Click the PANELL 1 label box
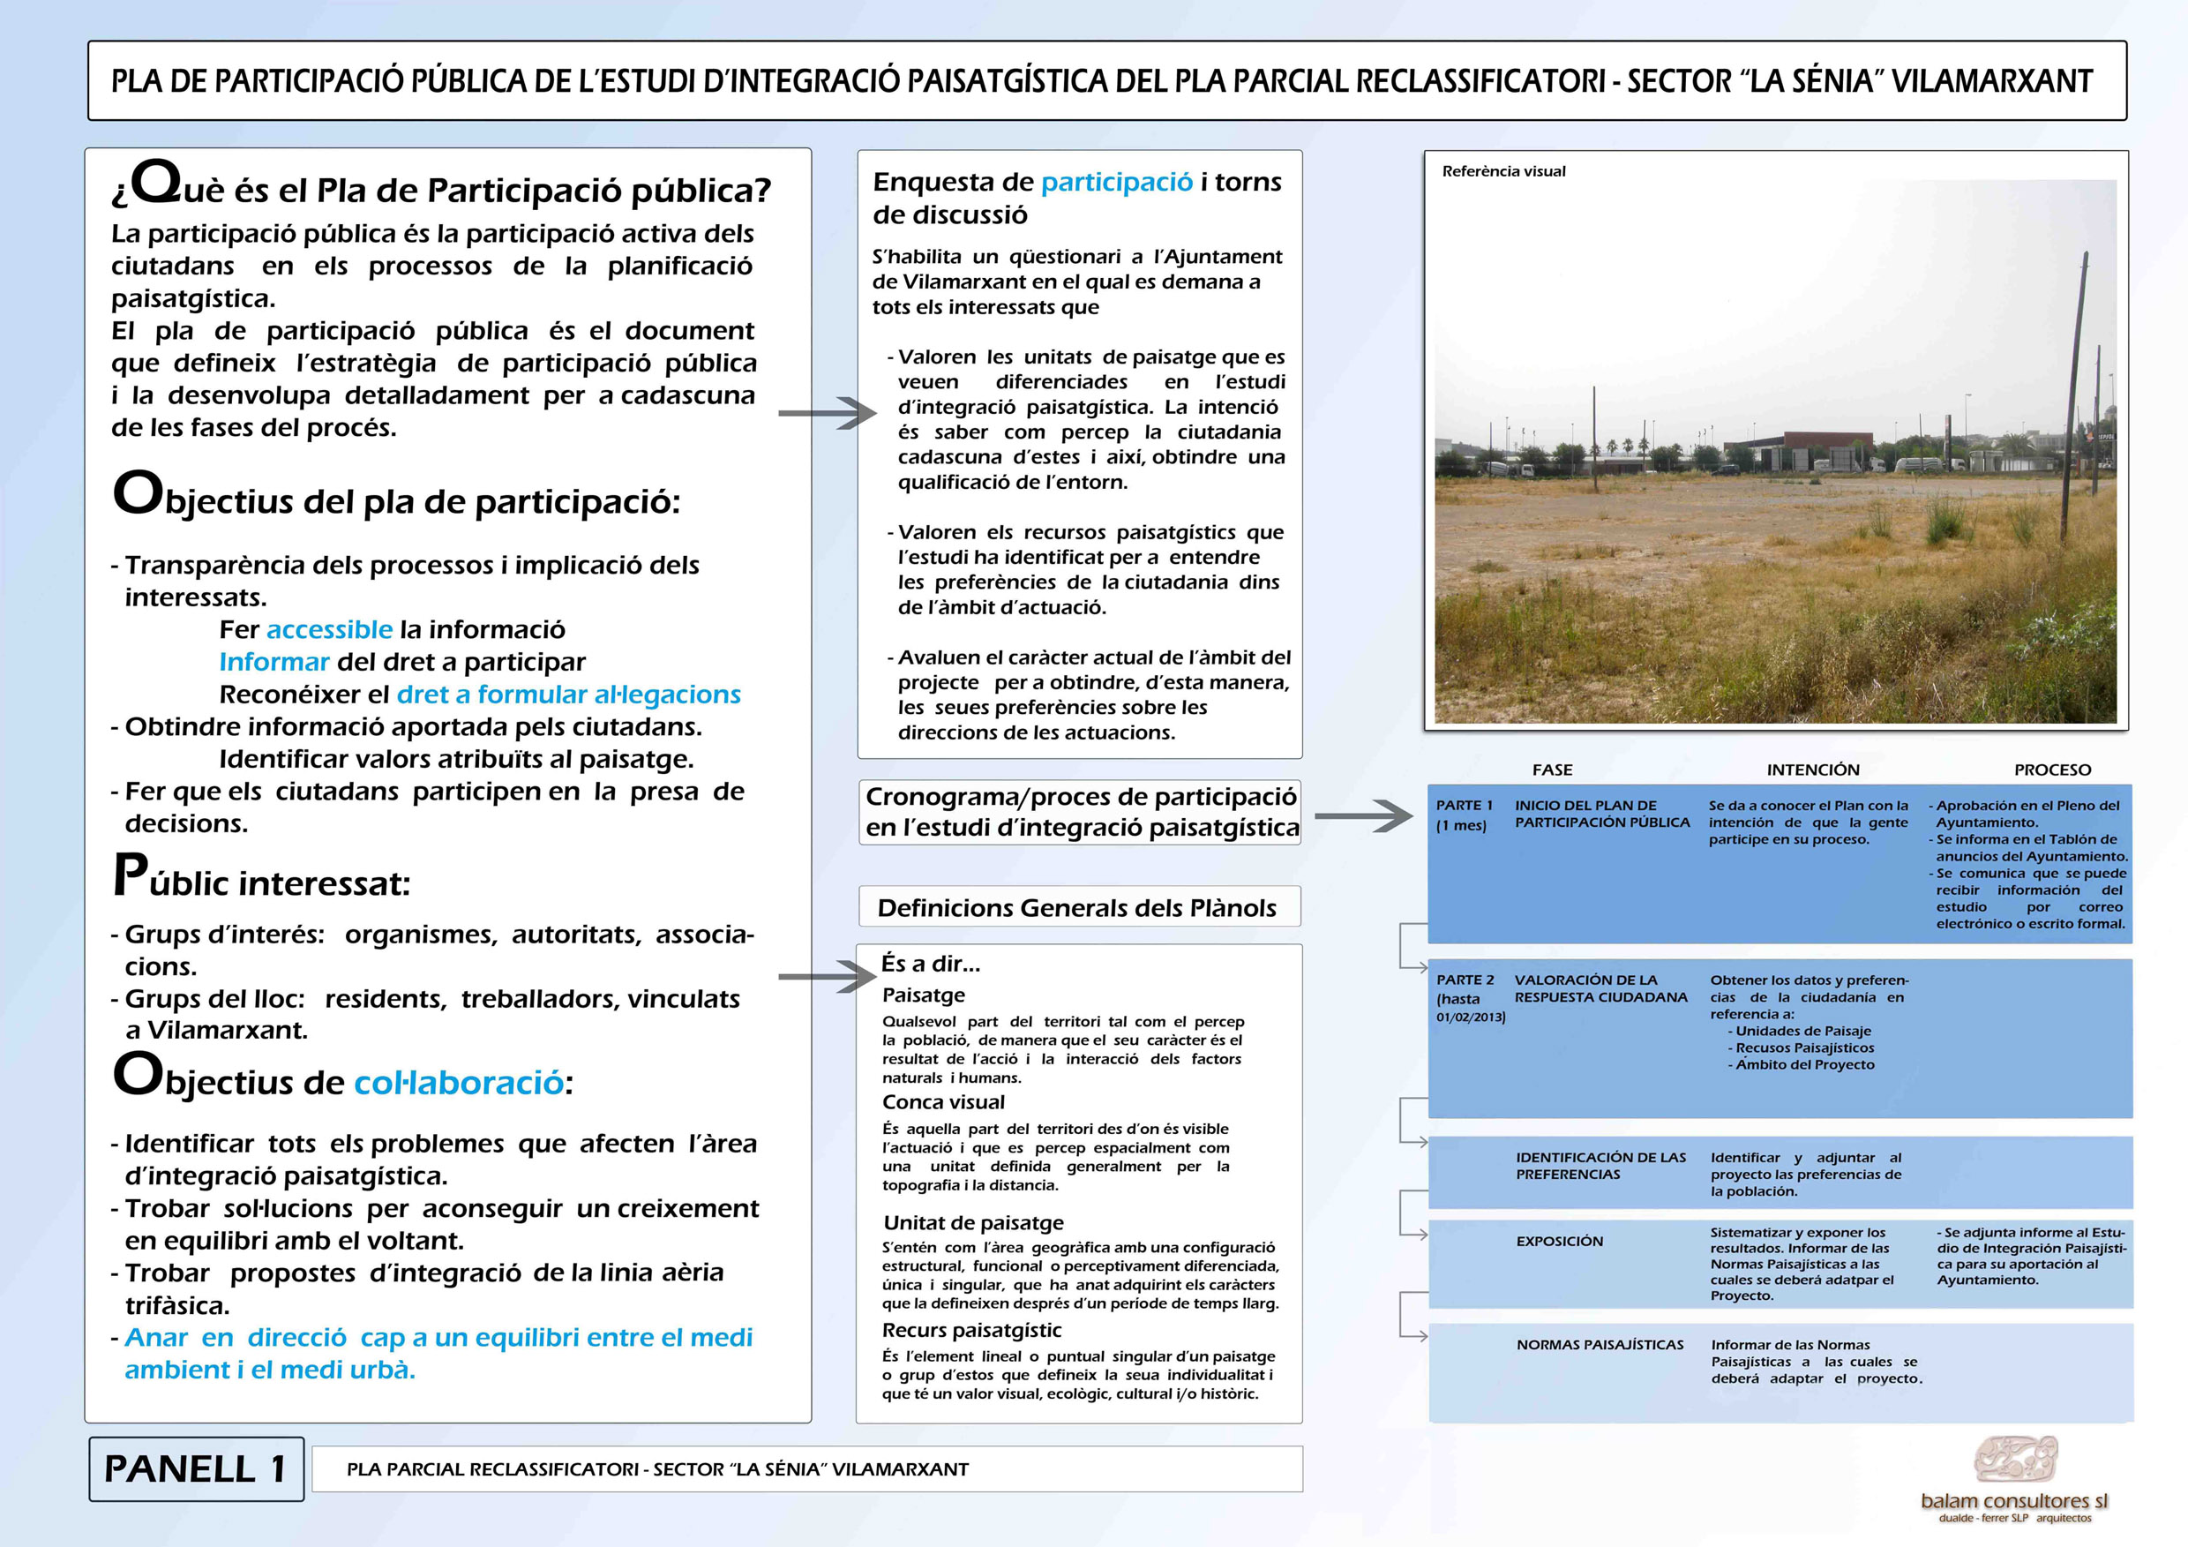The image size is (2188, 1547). coord(195,1468)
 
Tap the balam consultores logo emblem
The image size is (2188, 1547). coord(2014,1459)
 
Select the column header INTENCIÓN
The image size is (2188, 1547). coord(1812,770)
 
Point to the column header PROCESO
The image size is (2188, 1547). coord(2052,770)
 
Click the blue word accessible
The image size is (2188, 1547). coord(329,629)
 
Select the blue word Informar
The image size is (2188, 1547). coord(273,662)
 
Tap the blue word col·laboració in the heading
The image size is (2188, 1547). coord(459,1083)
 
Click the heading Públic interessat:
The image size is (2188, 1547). coord(262,880)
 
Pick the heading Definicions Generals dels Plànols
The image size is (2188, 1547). coord(1077,907)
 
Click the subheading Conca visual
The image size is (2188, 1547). coord(943,1102)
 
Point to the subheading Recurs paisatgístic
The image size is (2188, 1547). coord(971,1330)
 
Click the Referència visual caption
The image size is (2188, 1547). coord(1502,171)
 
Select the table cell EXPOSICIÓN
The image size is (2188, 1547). coord(1559,1241)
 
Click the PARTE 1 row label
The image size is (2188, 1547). coord(1464,806)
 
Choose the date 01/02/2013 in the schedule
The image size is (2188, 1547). coord(1471,1017)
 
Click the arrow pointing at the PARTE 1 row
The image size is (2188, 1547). coord(1364,816)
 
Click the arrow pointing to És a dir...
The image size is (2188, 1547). coord(826,976)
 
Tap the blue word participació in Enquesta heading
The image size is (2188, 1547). coord(1116,182)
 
